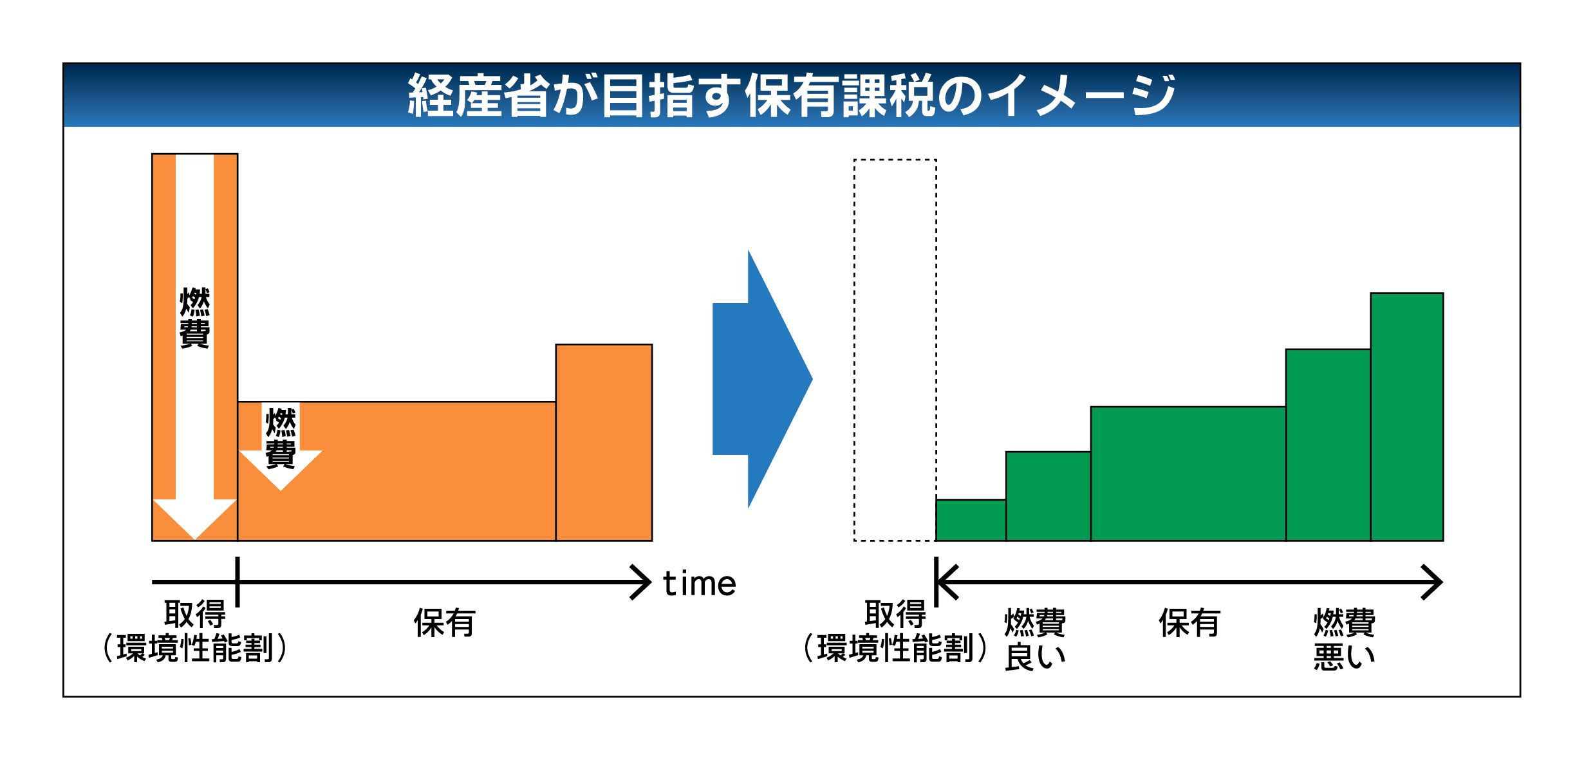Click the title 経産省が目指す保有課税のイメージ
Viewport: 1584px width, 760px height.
click(791, 95)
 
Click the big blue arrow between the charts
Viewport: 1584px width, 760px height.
click(763, 379)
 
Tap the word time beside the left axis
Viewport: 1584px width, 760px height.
click(699, 584)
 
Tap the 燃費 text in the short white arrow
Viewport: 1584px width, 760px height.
click(281, 438)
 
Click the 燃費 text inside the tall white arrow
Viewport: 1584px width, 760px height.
click(194, 318)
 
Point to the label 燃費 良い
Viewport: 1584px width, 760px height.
click(1034, 640)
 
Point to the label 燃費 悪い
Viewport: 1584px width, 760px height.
click(1344, 640)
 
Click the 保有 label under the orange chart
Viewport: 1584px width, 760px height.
click(444, 623)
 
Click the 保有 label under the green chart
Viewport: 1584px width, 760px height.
click(1189, 623)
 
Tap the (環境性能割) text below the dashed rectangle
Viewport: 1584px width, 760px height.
click(895, 648)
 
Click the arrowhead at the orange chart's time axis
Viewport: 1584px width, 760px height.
click(642, 582)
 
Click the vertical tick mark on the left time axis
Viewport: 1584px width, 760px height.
click(238, 582)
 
